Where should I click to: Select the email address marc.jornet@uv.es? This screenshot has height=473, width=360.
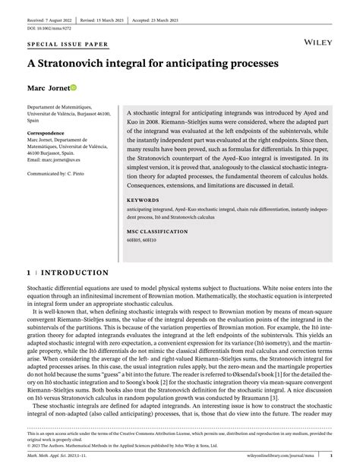point(65,159)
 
